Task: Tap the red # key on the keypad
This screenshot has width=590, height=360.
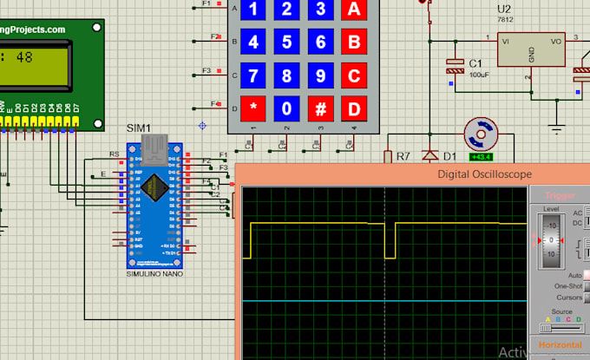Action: point(320,109)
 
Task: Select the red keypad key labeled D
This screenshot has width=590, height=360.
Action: point(353,109)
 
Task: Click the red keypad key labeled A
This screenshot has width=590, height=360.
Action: point(353,10)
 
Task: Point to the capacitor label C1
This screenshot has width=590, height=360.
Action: point(475,63)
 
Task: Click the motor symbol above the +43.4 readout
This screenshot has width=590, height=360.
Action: point(479,134)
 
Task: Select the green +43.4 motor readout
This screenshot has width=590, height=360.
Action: point(479,157)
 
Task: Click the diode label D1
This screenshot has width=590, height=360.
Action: point(449,157)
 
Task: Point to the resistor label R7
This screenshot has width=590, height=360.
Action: point(403,157)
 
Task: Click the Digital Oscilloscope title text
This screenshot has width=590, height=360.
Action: point(484,174)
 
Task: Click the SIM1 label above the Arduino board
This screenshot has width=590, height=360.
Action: point(139,128)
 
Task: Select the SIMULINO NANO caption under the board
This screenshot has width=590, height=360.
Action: point(155,273)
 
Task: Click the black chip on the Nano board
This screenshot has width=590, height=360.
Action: point(155,187)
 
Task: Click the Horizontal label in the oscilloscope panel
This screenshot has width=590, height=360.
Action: point(559,344)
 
